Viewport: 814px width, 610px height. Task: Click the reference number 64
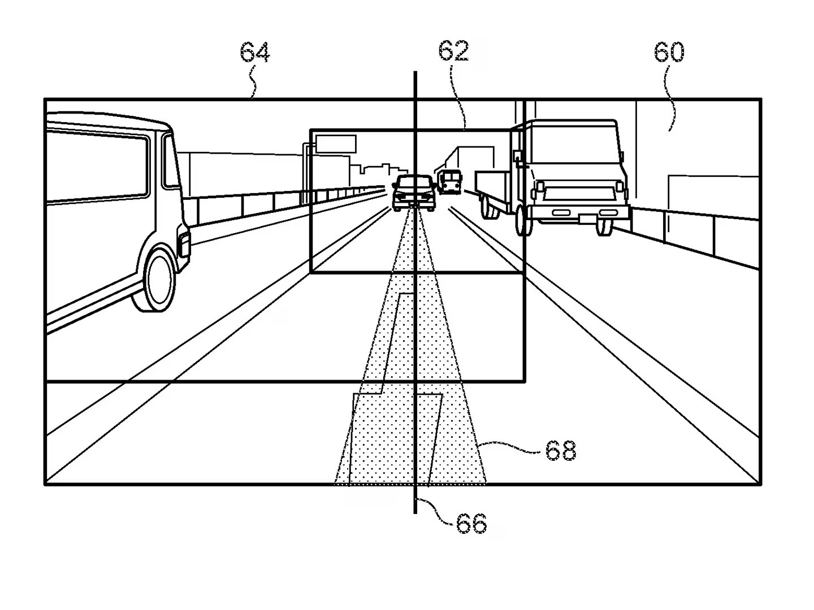click(x=255, y=53)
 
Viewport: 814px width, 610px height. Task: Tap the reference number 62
click(x=453, y=51)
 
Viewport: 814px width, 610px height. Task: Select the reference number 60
click(x=669, y=52)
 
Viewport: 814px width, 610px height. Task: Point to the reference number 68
click(x=560, y=451)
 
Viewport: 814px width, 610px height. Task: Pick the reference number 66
click(x=471, y=524)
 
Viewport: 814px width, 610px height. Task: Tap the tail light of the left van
click(x=184, y=244)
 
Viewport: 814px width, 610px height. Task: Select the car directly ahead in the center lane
click(x=414, y=193)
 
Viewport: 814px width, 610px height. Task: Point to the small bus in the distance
click(x=449, y=182)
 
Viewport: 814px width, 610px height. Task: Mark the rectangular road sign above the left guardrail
click(x=336, y=143)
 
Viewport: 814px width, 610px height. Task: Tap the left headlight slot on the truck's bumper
click(x=561, y=212)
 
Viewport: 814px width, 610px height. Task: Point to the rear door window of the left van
click(x=171, y=161)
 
